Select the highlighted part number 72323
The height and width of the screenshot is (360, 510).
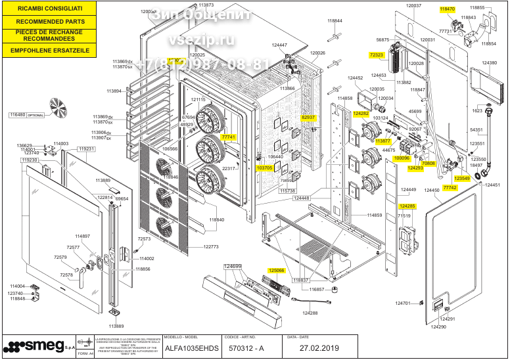pos(377,56)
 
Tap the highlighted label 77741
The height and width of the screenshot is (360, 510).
pos(229,137)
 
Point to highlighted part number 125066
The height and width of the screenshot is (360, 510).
pos(277,271)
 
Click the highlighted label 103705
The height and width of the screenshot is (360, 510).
pos(264,168)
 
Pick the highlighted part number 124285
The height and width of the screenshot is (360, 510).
pos(407,206)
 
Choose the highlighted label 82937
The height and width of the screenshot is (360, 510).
pos(309,118)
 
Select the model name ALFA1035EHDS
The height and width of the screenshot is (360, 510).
pos(192,348)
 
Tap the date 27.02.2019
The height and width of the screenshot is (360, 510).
pos(320,348)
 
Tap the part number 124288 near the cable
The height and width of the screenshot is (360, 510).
pos(310,313)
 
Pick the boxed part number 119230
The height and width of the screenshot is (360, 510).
pos(30,160)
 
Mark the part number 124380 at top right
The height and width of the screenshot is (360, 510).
pos(490,63)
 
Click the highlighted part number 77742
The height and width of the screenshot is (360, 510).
pos(450,188)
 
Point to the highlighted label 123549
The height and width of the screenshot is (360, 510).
pos(462,178)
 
